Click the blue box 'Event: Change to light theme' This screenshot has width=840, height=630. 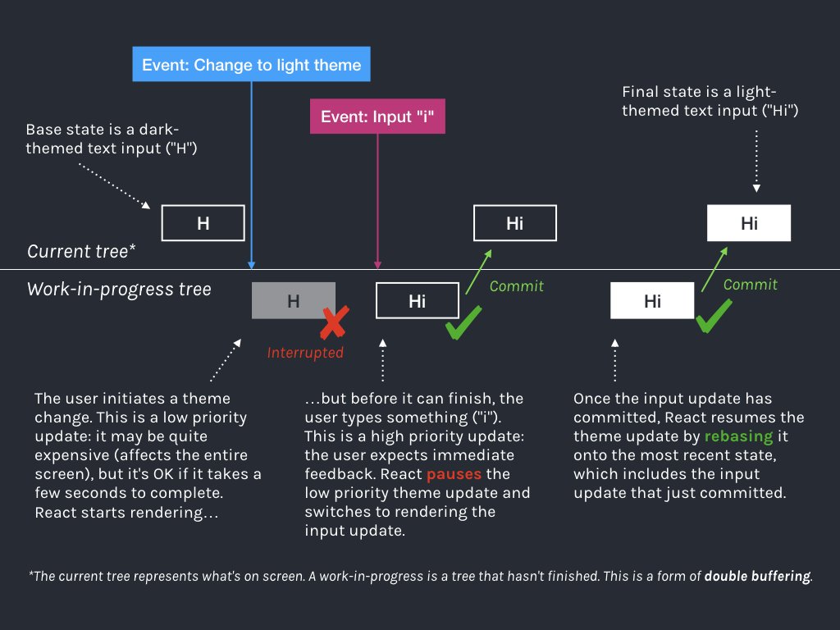[x=252, y=65]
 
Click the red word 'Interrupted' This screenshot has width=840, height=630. [x=304, y=353]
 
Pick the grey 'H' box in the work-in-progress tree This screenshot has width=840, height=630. [x=293, y=300]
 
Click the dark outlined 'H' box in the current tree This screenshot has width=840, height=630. [x=203, y=223]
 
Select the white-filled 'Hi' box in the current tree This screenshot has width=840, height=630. [x=749, y=223]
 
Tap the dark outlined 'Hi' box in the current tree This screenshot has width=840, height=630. [x=515, y=223]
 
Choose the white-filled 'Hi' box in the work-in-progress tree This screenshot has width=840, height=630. [x=652, y=300]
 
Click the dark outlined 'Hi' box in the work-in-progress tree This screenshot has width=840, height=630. [x=417, y=300]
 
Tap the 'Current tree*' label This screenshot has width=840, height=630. [x=77, y=251]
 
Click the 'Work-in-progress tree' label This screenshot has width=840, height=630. [x=119, y=289]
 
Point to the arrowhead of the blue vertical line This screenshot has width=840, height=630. [x=251, y=264]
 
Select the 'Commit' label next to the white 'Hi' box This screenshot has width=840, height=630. [x=750, y=284]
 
